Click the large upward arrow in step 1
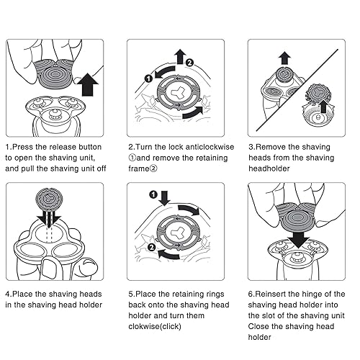point(90,85)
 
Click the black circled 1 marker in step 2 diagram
point(149,78)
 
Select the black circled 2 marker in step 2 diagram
point(189,63)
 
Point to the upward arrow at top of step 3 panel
point(284,58)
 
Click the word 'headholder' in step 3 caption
point(269,168)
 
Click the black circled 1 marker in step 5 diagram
point(153,194)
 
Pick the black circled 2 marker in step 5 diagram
point(152,247)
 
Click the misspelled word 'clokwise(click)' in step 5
point(155,326)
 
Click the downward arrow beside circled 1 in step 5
point(164,198)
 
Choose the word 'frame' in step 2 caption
point(139,168)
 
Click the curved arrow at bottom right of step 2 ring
point(193,113)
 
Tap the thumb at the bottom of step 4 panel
point(50,269)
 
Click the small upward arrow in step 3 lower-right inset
point(323,107)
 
